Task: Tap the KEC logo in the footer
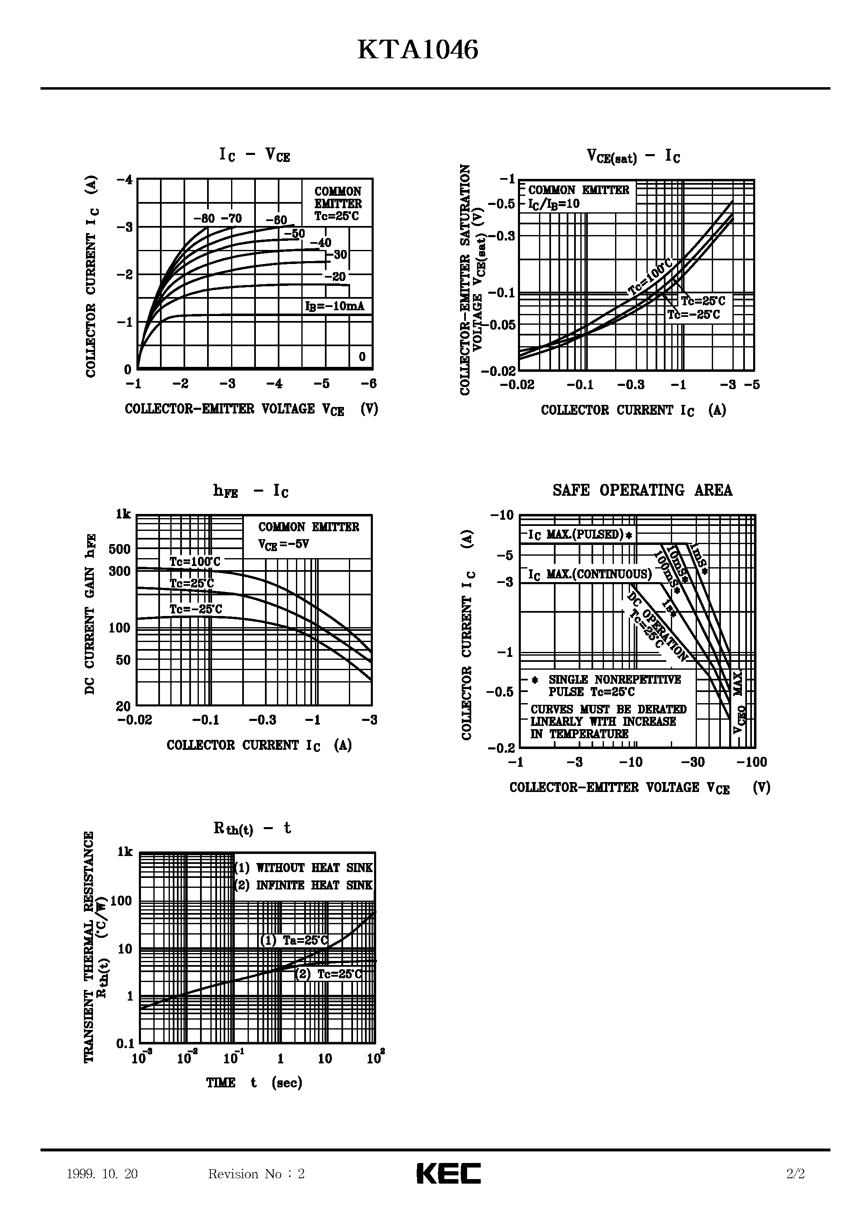pyautogui.click(x=448, y=1173)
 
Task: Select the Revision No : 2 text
pyautogui.click(x=256, y=1174)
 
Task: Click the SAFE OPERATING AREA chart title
pyautogui.click(x=642, y=490)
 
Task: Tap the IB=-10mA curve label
pyautogui.click(x=335, y=306)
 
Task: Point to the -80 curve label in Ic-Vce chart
pyautogui.click(x=204, y=219)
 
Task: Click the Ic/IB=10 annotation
pyautogui.click(x=554, y=204)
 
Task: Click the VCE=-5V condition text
pyautogui.click(x=283, y=544)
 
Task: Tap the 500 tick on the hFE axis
pyautogui.click(x=119, y=549)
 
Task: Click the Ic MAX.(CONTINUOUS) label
pyautogui.click(x=590, y=574)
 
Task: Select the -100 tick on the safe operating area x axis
pyautogui.click(x=752, y=762)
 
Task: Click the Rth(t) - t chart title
pyautogui.click(x=252, y=828)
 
